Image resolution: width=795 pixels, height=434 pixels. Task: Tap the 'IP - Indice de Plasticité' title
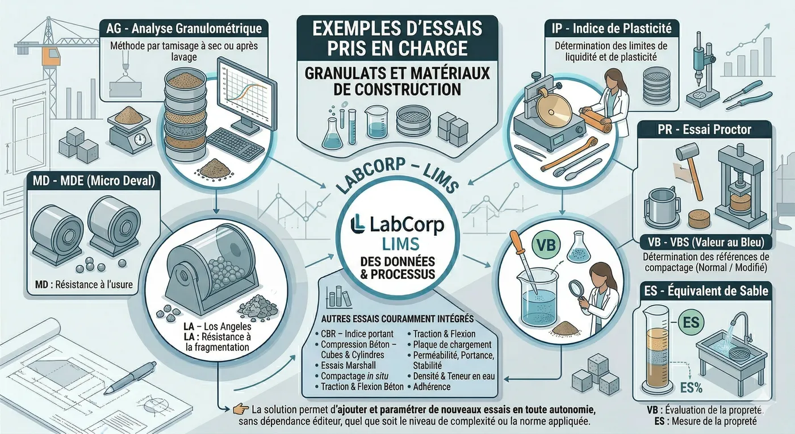pos(610,27)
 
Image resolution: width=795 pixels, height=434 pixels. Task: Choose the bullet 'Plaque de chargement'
pos(452,345)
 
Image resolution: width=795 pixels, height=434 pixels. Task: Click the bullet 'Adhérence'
pos(432,386)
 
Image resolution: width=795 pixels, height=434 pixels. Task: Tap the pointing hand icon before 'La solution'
pos(239,408)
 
